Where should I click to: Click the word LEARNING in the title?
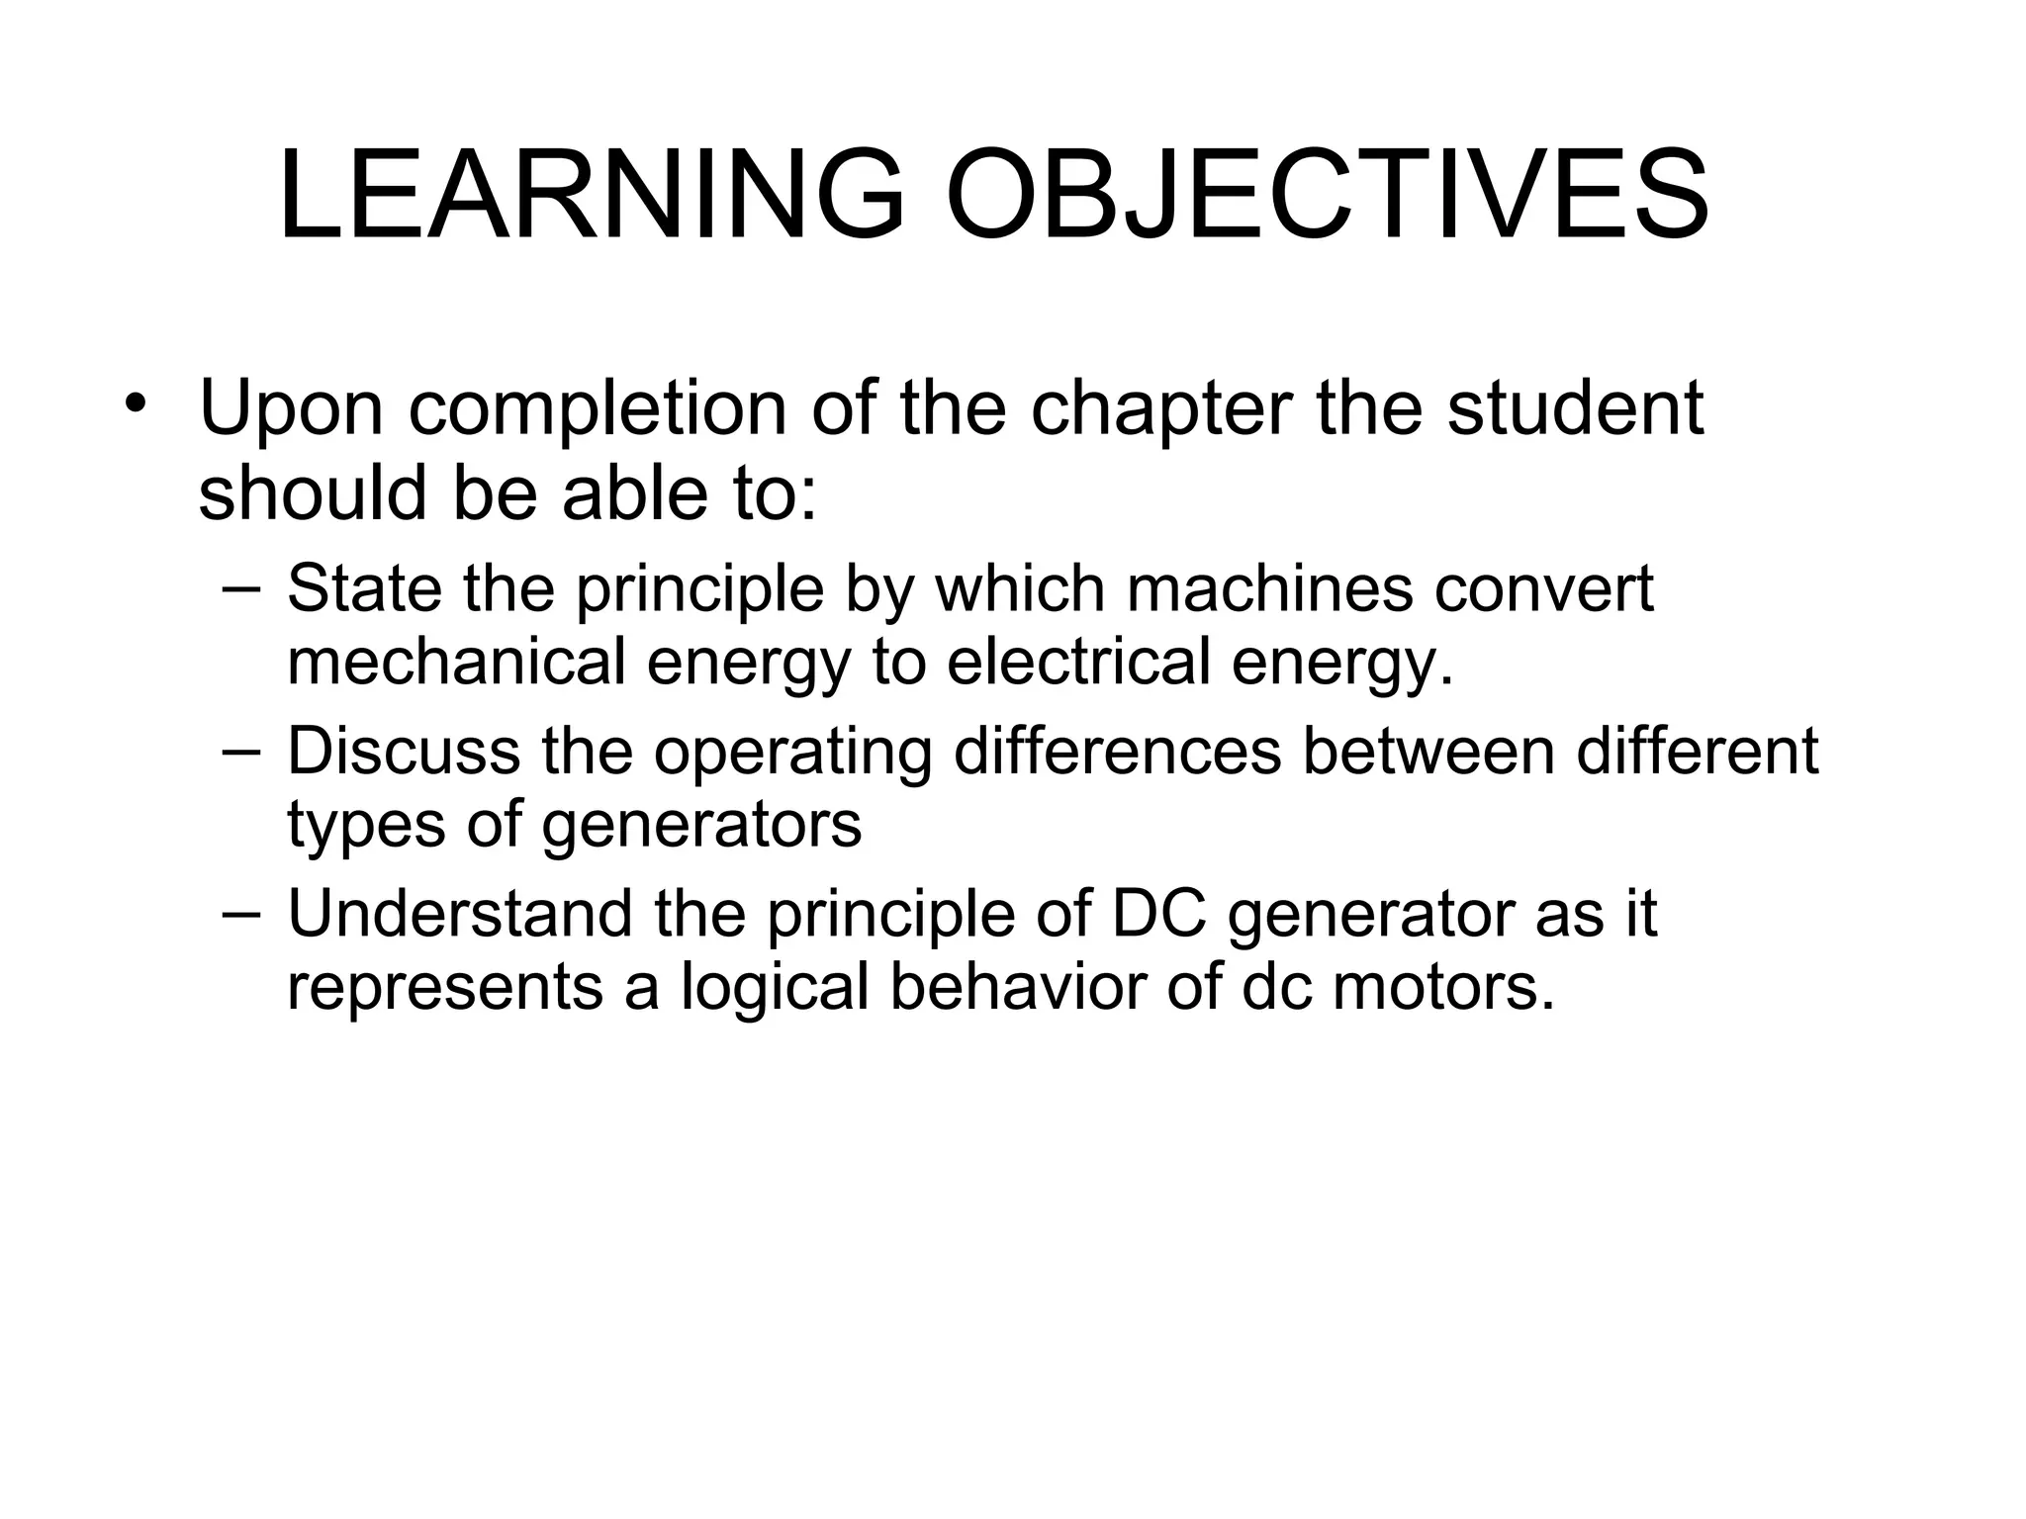click(x=592, y=195)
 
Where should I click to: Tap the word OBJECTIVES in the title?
click(x=1328, y=195)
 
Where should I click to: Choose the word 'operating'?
click(x=792, y=754)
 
